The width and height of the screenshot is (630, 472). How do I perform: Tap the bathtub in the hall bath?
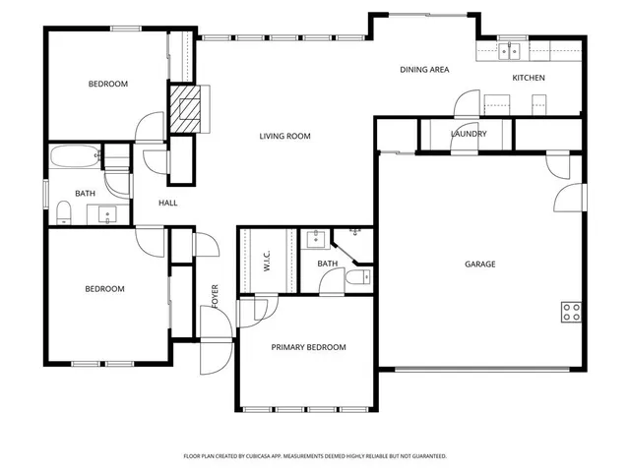(75, 155)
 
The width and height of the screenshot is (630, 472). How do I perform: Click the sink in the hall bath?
(102, 212)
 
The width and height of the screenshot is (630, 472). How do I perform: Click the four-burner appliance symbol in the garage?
(571, 312)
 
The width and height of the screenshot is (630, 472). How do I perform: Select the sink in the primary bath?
(316, 238)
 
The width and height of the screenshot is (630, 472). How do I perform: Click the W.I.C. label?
(267, 262)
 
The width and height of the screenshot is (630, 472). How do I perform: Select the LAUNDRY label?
(468, 134)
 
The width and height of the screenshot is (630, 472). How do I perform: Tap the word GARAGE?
(480, 264)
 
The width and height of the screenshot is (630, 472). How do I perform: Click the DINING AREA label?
(424, 70)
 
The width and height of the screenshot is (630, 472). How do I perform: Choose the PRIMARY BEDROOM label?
(308, 347)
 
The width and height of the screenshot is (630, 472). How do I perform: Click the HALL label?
(168, 204)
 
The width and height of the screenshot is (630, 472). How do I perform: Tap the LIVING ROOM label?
(284, 136)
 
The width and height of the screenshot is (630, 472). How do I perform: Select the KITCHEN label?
(528, 78)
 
